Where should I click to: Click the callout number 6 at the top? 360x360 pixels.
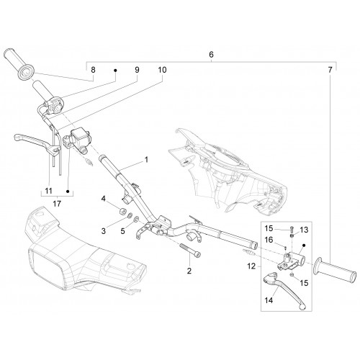[x=211, y=55]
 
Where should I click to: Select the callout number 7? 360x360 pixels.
[x=330, y=70]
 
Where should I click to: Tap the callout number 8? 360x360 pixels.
[x=93, y=70]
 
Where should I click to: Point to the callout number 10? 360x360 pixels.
[x=162, y=70]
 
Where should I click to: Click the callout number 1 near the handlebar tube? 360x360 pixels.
[x=146, y=160]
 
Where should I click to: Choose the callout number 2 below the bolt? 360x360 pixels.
[x=189, y=271]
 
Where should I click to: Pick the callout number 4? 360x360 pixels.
[x=103, y=199]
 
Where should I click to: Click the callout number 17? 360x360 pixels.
[x=57, y=204]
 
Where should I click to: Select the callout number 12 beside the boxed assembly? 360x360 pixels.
[x=251, y=266]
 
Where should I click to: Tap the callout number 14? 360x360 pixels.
[x=269, y=300]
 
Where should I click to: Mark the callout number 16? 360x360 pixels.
[x=269, y=240]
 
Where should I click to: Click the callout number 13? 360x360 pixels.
[x=304, y=230]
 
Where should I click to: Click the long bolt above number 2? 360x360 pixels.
[x=190, y=251]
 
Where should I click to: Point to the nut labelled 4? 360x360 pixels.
[x=123, y=212]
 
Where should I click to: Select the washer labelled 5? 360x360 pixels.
[x=136, y=219]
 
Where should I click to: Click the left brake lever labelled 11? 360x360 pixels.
[x=36, y=143]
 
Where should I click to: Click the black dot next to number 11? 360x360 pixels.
[x=68, y=192]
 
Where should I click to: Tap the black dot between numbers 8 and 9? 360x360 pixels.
[x=115, y=71]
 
